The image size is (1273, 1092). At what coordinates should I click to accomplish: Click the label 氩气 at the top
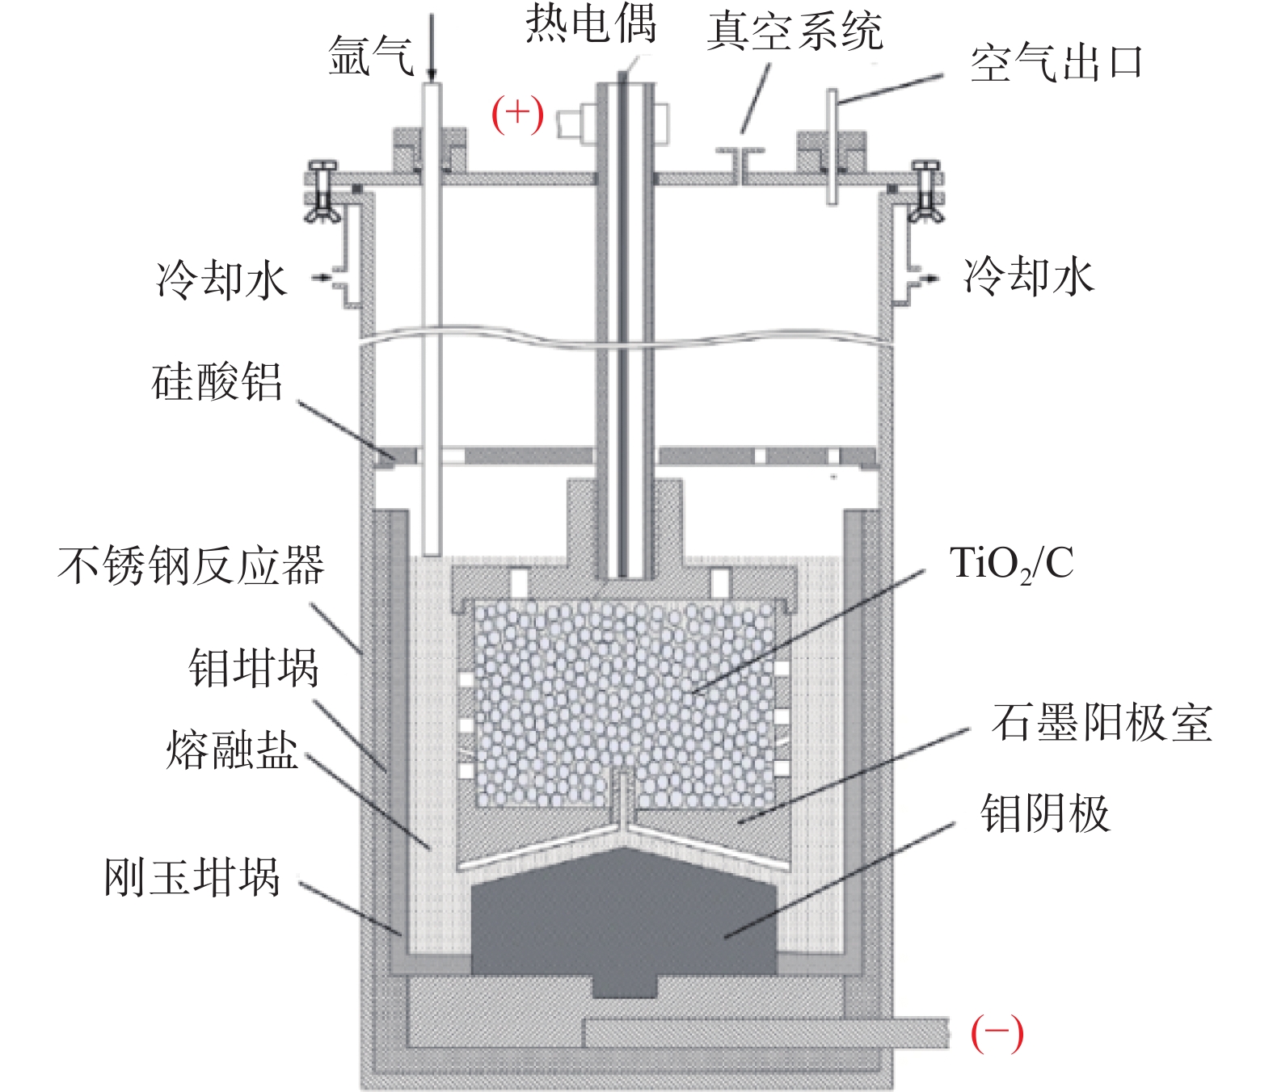(x=371, y=57)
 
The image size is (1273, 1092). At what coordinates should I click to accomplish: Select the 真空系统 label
(x=795, y=32)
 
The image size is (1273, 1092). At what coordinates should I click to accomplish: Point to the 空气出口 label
(x=1056, y=63)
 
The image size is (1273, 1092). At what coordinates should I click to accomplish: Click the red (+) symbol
(x=517, y=114)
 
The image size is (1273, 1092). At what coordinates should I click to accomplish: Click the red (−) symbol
(x=997, y=1033)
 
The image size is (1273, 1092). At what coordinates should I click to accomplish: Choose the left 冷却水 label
(x=221, y=280)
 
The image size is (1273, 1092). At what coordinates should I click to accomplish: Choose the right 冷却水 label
(x=1028, y=276)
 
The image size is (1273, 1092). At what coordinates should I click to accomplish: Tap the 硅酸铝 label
(x=217, y=382)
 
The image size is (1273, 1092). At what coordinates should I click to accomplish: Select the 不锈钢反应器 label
(x=191, y=565)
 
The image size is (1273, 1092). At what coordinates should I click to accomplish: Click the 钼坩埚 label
(x=254, y=668)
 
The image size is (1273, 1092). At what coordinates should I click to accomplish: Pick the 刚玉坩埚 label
(x=192, y=877)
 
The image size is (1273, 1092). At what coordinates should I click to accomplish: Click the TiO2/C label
(x=1011, y=564)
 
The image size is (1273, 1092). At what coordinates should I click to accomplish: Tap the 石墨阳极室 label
(x=1102, y=722)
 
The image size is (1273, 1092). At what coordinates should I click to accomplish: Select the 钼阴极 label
(x=1044, y=813)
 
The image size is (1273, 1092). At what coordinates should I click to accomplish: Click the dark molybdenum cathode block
(x=623, y=921)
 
